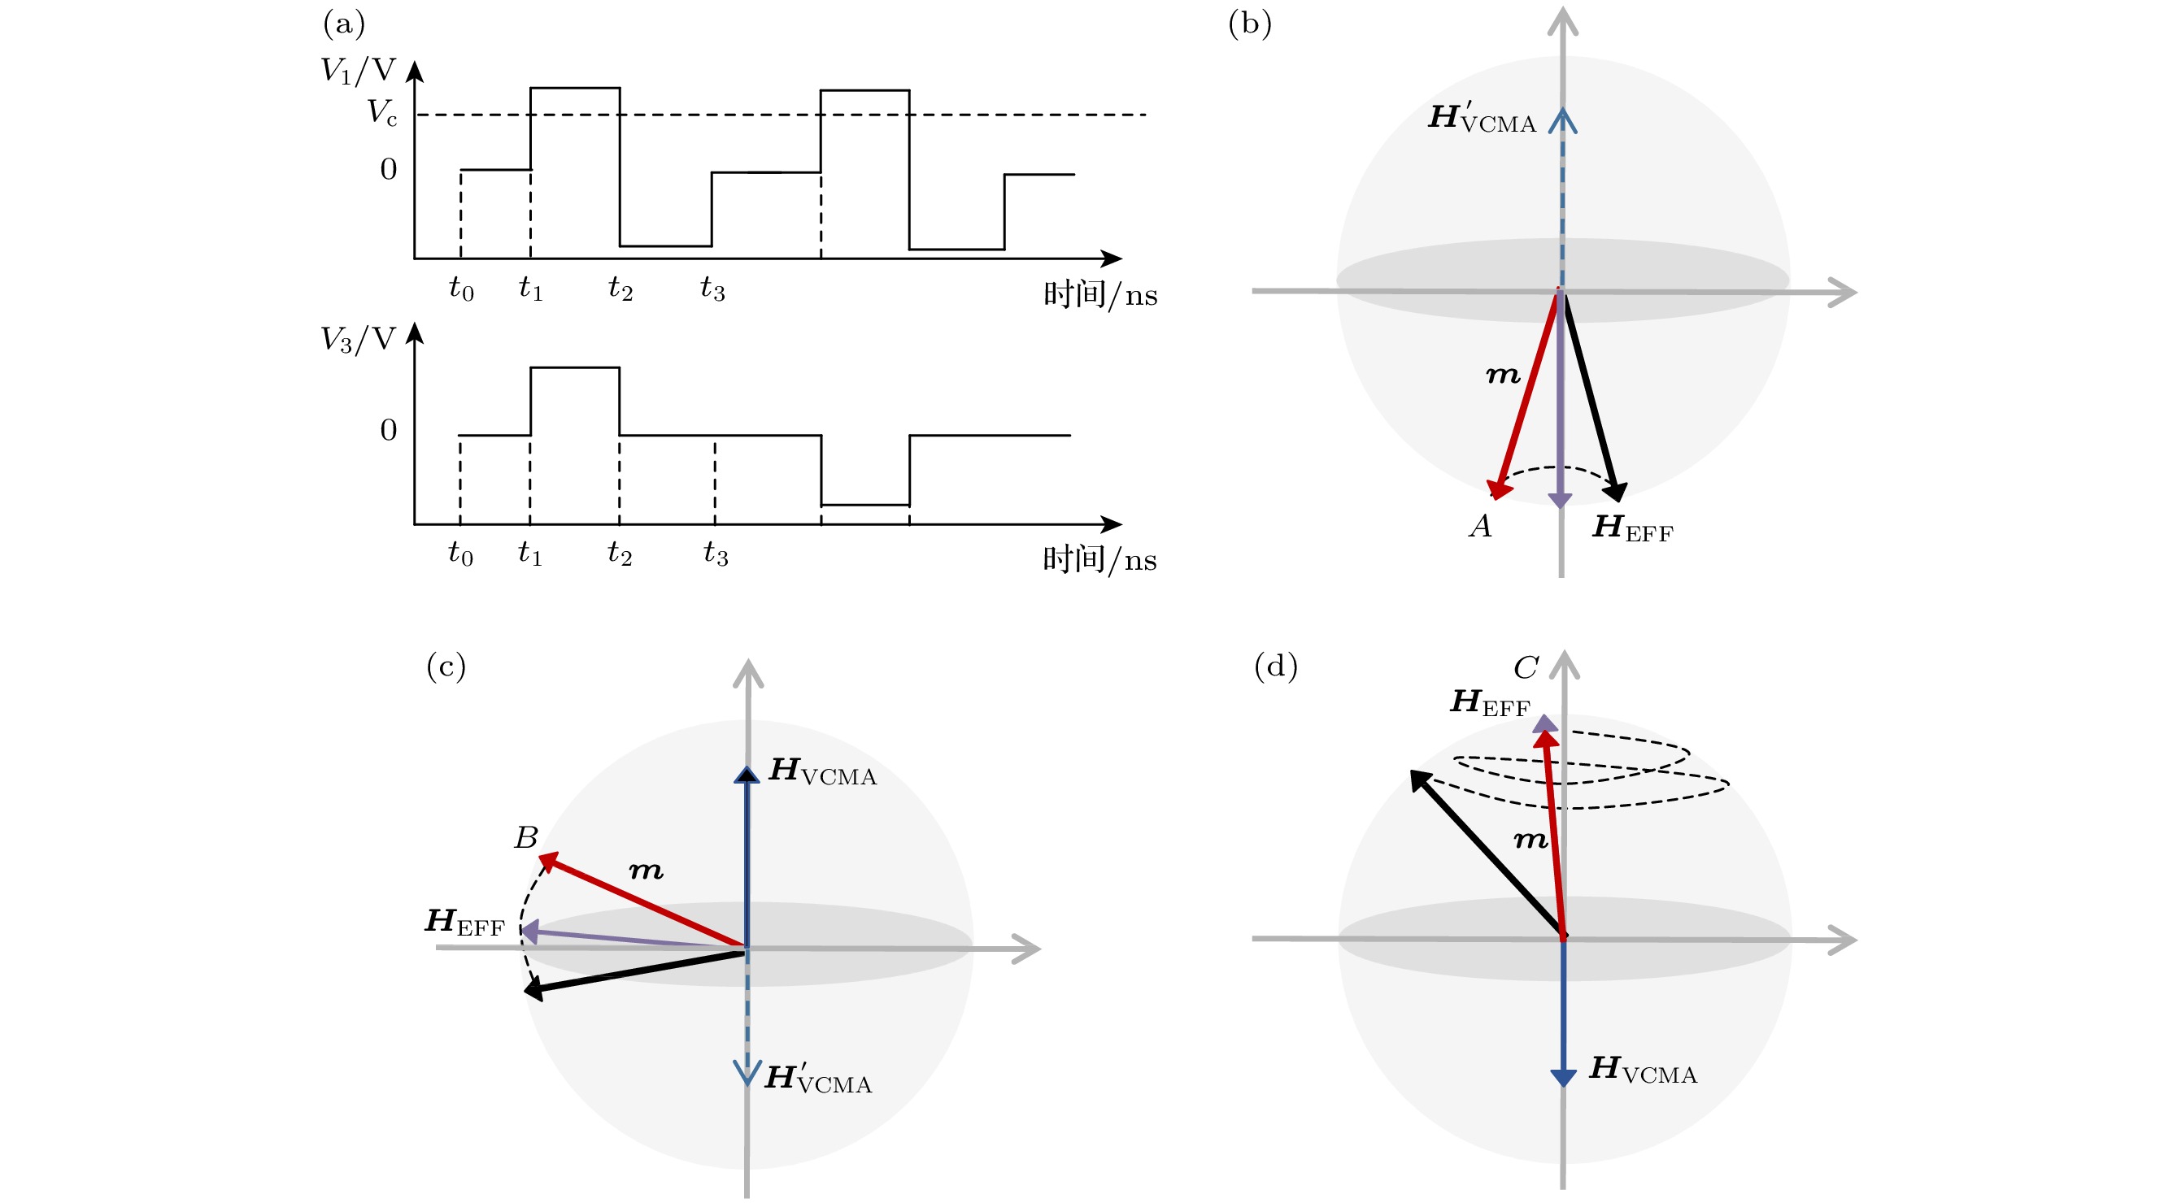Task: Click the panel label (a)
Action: click(344, 24)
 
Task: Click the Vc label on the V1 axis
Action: click(382, 112)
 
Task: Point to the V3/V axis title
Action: click(359, 340)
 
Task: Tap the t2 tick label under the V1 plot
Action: click(620, 289)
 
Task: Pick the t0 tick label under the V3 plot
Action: click(460, 554)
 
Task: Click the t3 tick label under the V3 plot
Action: click(715, 554)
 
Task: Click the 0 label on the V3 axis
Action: click(389, 430)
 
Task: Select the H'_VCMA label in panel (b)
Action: click(1483, 117)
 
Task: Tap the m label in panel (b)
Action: click(1503, 374)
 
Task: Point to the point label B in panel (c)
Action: click(525, 837)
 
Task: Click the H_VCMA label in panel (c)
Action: click(822, 771)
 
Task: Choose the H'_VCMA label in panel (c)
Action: click(818, 1078)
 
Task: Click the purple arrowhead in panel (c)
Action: click(529, 931)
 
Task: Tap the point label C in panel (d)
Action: click(1526, 668)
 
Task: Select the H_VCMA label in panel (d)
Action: click(1643, 1070)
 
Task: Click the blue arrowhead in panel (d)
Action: click(1562, 1078)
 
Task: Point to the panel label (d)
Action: click(1275, 667)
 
